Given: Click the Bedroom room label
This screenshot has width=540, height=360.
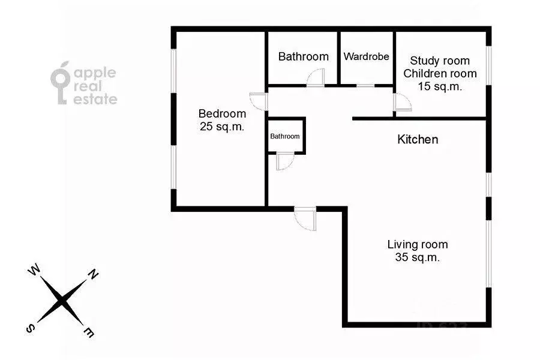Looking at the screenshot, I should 222,113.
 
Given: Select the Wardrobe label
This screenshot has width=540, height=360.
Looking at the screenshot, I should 366,57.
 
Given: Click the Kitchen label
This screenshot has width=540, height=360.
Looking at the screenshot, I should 418,140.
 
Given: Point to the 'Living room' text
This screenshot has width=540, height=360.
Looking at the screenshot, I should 418,245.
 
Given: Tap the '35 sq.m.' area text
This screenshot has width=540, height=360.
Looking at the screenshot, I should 418,257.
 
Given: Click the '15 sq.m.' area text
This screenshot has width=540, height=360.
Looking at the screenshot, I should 440,86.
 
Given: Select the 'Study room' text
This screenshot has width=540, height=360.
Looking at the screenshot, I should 440,61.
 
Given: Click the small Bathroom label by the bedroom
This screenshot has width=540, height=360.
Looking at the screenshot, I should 284,136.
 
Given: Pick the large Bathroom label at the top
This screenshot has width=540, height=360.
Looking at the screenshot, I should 303,57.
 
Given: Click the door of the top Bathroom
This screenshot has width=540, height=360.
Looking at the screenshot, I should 315,78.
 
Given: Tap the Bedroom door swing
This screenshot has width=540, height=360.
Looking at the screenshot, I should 258,101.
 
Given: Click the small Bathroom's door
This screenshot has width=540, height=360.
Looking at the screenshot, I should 284,161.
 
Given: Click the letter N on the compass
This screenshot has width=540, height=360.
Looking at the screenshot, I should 94,275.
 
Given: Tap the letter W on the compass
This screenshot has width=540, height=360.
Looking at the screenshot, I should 34,272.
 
